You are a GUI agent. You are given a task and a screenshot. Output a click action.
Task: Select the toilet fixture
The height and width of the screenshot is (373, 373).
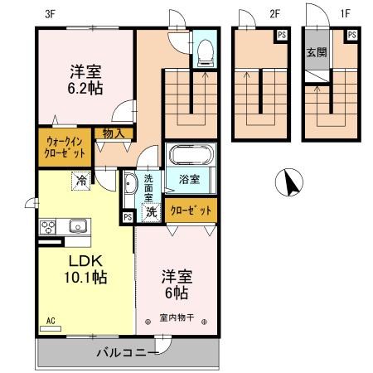[205, 54]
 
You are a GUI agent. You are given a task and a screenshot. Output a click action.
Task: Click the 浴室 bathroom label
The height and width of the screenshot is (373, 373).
[189, 178]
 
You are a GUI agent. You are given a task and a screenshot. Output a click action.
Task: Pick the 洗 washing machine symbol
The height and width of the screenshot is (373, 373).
[151, 212]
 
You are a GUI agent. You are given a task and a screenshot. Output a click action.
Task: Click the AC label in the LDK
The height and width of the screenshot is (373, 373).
[51, 320]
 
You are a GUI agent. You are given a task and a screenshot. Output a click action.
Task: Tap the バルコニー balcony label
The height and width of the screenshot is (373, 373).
[127, 352]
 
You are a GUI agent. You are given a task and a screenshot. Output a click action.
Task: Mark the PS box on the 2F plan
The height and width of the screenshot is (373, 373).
[283, 34]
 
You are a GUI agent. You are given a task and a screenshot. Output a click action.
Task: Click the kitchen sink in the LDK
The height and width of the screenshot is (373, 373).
[78, 226]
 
